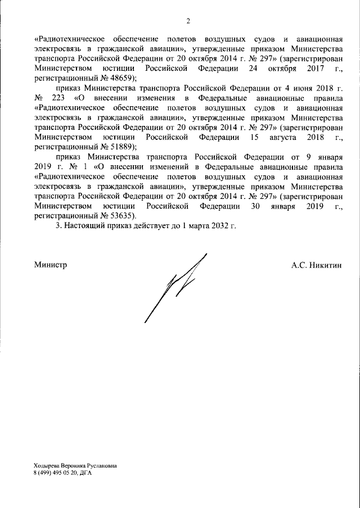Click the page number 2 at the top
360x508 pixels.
click(x=188, y=22)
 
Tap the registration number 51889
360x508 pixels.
click(x=121, y=146)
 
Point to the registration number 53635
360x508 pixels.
click(x=121, y=215)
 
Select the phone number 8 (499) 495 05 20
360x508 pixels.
click(x=56, y=473)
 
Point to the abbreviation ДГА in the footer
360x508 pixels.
click(x=85, y=473)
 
